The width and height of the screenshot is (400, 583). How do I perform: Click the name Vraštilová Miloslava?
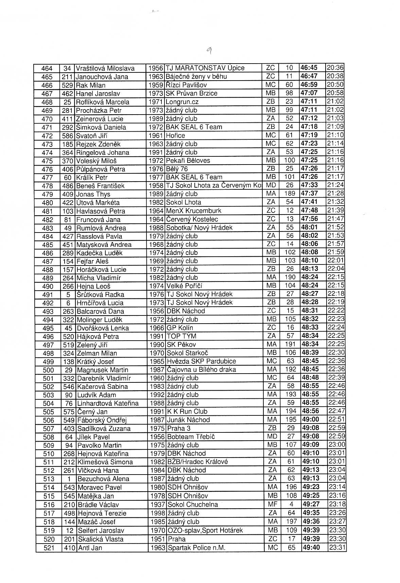click(x=105, y=68)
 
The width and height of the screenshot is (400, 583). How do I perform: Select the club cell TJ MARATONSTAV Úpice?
click(x=205, y=68)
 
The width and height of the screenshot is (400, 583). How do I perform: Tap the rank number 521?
click(x=49, y=548)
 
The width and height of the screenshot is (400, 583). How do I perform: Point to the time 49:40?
click(x=311, y=547)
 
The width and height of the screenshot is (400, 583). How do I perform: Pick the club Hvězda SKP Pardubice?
click(x=202, y=361)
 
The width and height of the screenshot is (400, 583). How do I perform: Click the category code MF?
click(x=273, y=504)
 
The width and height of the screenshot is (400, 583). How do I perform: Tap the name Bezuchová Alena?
click(x=103, y=479)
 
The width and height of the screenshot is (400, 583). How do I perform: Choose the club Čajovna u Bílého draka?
click(x=202, y=370)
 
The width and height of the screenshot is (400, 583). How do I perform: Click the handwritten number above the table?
click(x=209, y=51)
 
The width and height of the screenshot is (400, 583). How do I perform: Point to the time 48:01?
click(x=309, y=227)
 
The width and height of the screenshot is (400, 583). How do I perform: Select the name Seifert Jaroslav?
click(x=101, y=530)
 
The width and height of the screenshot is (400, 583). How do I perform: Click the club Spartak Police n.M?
click(x=196, y=548)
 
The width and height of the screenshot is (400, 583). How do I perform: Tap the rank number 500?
click(x=48, y=370)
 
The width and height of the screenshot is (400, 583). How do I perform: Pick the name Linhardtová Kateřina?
click(x=108, y=403)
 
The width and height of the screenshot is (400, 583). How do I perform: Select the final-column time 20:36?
click(x=335, y=68)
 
